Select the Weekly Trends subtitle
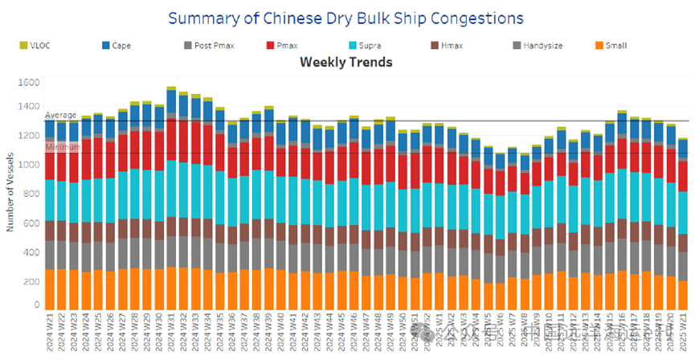tap(345, 62)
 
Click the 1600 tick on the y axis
tap(29, 83)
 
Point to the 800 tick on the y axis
tap(31, 194)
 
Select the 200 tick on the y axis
tap(31, 282)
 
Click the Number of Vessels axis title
tap(10, 194)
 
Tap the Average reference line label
tap(59, 117)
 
